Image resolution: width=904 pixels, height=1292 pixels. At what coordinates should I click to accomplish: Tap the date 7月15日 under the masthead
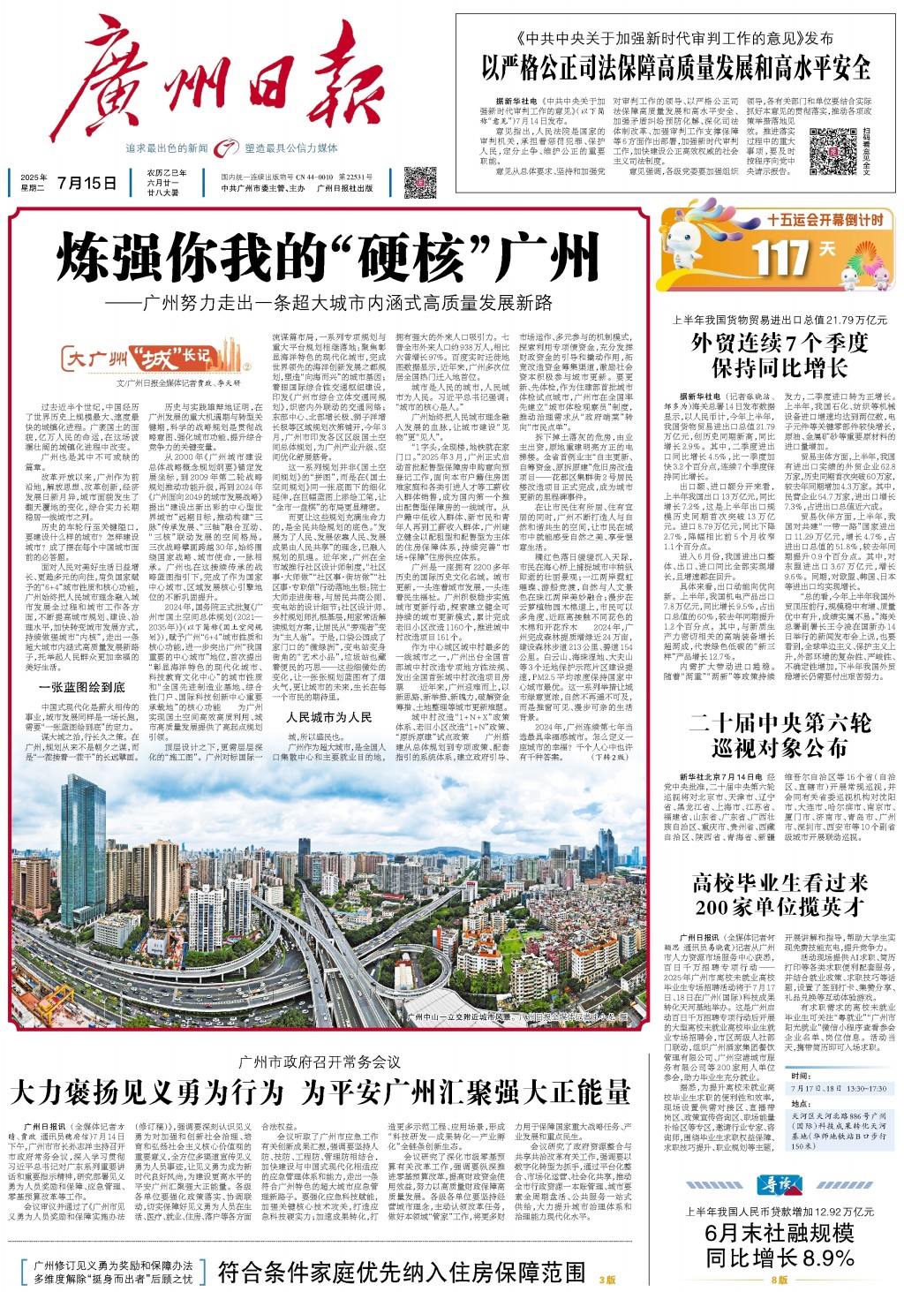pyautogui.click(x=87, y=184)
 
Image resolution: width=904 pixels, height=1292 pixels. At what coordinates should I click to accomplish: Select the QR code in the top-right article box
pyautogui.click(x=832, y=152)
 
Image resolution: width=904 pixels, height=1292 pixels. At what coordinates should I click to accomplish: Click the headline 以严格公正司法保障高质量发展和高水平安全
pyautogui.click(x=675, y=68)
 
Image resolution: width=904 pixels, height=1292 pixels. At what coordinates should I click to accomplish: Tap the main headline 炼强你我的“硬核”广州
pyautogui.click(x=328, y=259)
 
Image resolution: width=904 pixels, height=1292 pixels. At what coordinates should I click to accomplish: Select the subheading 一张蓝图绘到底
pyautogui.click(x=81, y=686)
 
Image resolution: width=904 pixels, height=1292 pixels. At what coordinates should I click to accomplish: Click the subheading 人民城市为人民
pyautogui.click(x=328, y=717)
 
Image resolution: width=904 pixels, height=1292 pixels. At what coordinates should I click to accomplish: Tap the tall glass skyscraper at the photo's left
pyautogui.click(x=84, y=848)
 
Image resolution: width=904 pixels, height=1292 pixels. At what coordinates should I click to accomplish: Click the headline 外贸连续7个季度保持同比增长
pyautogui.click(x=780, y=355)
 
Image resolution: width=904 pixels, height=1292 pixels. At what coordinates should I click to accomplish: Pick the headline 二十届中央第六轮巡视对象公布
pyautogui.click(x=780, y=735)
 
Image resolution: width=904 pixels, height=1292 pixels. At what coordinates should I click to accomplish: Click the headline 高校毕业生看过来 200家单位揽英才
pyautogui.click(x=780, y=895)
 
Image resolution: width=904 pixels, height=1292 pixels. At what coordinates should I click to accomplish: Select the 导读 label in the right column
pyautogui.click(x=779, y=1184)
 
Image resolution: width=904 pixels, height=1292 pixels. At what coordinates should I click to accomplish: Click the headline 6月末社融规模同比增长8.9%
pyautogui.click(x=780, y=1244)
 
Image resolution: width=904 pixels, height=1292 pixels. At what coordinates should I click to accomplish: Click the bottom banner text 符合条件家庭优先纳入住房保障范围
pyautogui.click(x=402, y=1272)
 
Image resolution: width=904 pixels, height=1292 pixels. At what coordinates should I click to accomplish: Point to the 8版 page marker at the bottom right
pyautogui.click(x=779, y=1280)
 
